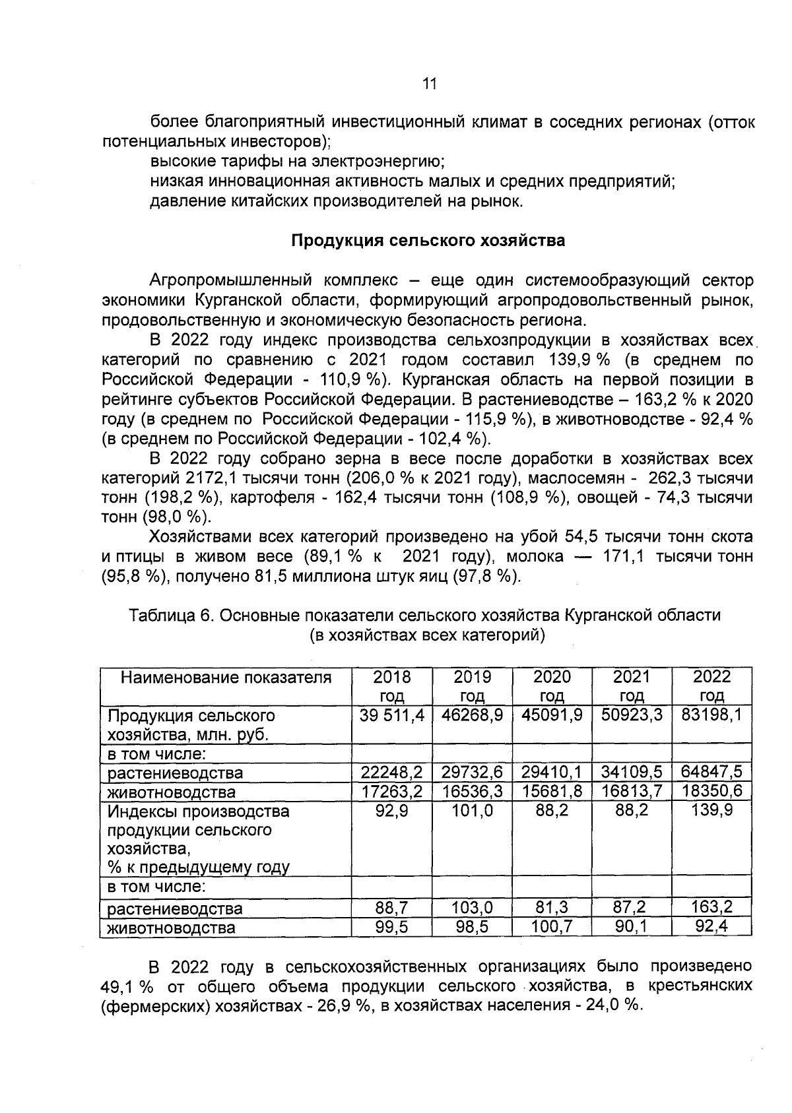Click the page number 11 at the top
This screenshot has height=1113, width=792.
coord(428,83)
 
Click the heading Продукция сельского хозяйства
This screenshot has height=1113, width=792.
coord(428,240)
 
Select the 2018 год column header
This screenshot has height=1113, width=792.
coord(392,686)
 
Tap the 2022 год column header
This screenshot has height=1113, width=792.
coord(711,686)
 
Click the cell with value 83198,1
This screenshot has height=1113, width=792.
coord(711,715)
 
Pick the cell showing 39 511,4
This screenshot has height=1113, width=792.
coord(392,715)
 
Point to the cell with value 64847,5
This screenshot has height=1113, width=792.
coord(711,771)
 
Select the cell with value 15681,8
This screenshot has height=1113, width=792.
coord(552,791)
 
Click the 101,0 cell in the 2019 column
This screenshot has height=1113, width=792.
coord(472,811)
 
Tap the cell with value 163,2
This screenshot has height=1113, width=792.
coord(711,907)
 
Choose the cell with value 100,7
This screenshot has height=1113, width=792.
coord(552,927)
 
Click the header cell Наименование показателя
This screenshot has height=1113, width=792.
coord(226,678)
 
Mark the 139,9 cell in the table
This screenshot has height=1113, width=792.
coord(711,811)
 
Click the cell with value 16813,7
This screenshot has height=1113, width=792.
coord(632,791)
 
